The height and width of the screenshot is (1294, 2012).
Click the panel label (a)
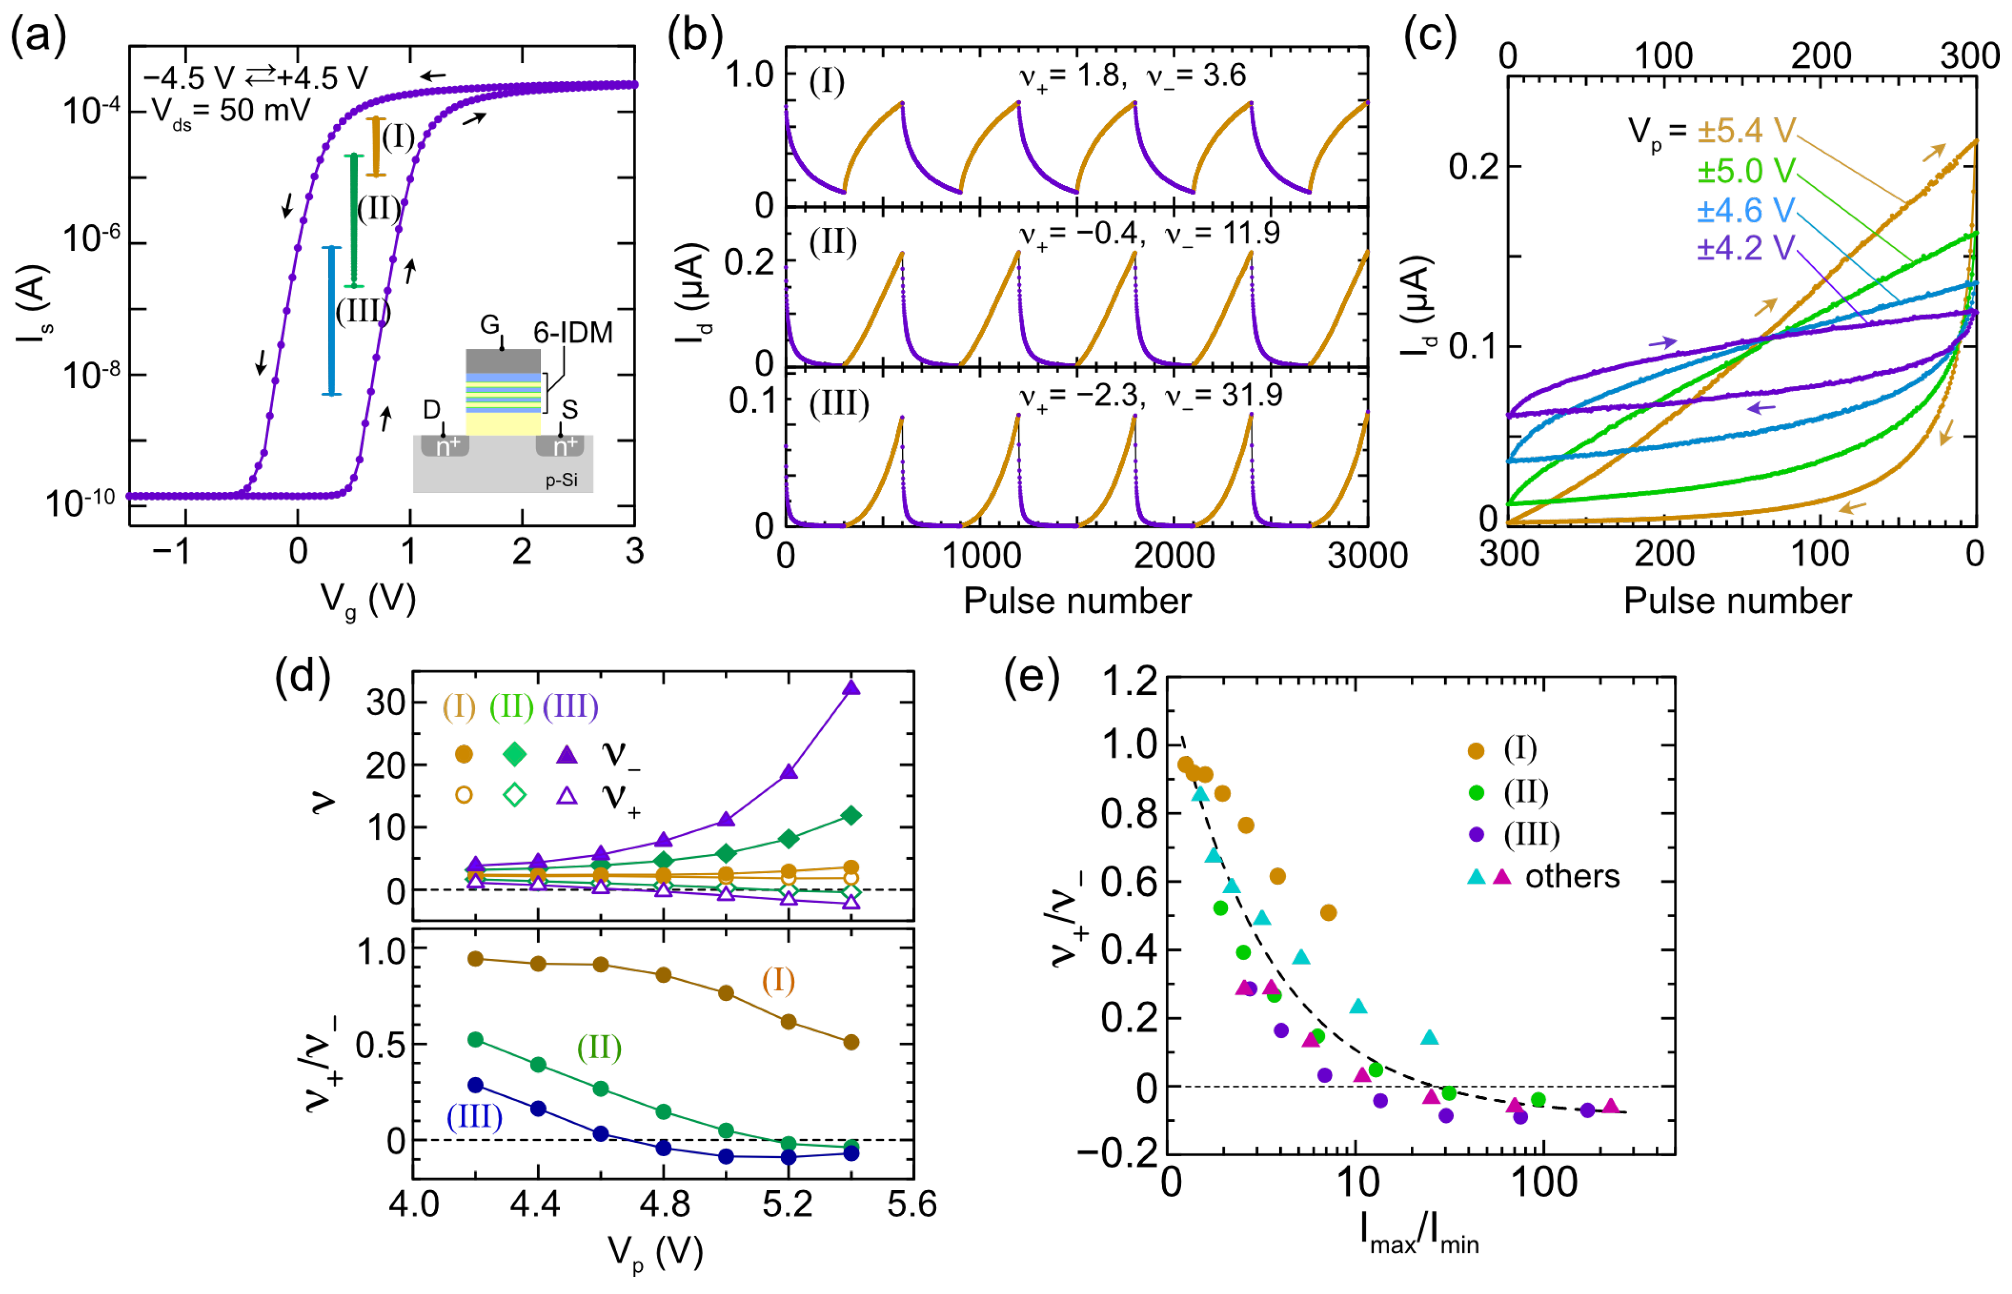(x=38, y=38)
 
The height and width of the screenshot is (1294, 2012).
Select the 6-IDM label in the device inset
(x=573, y=333)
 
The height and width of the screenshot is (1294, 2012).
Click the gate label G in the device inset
(x=490, y=325)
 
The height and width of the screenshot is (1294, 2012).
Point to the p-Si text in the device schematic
(x=561, y=481)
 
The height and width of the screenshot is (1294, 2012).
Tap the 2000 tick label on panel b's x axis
(x=1174, y=556)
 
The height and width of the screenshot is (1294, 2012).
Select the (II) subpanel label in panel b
(x=832, y=243)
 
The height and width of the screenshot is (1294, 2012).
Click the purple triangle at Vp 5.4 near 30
(x=851, y=688)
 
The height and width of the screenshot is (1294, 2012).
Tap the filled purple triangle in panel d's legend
(x=568, y=754)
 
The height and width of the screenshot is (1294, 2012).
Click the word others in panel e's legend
(x=1572, y=876)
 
